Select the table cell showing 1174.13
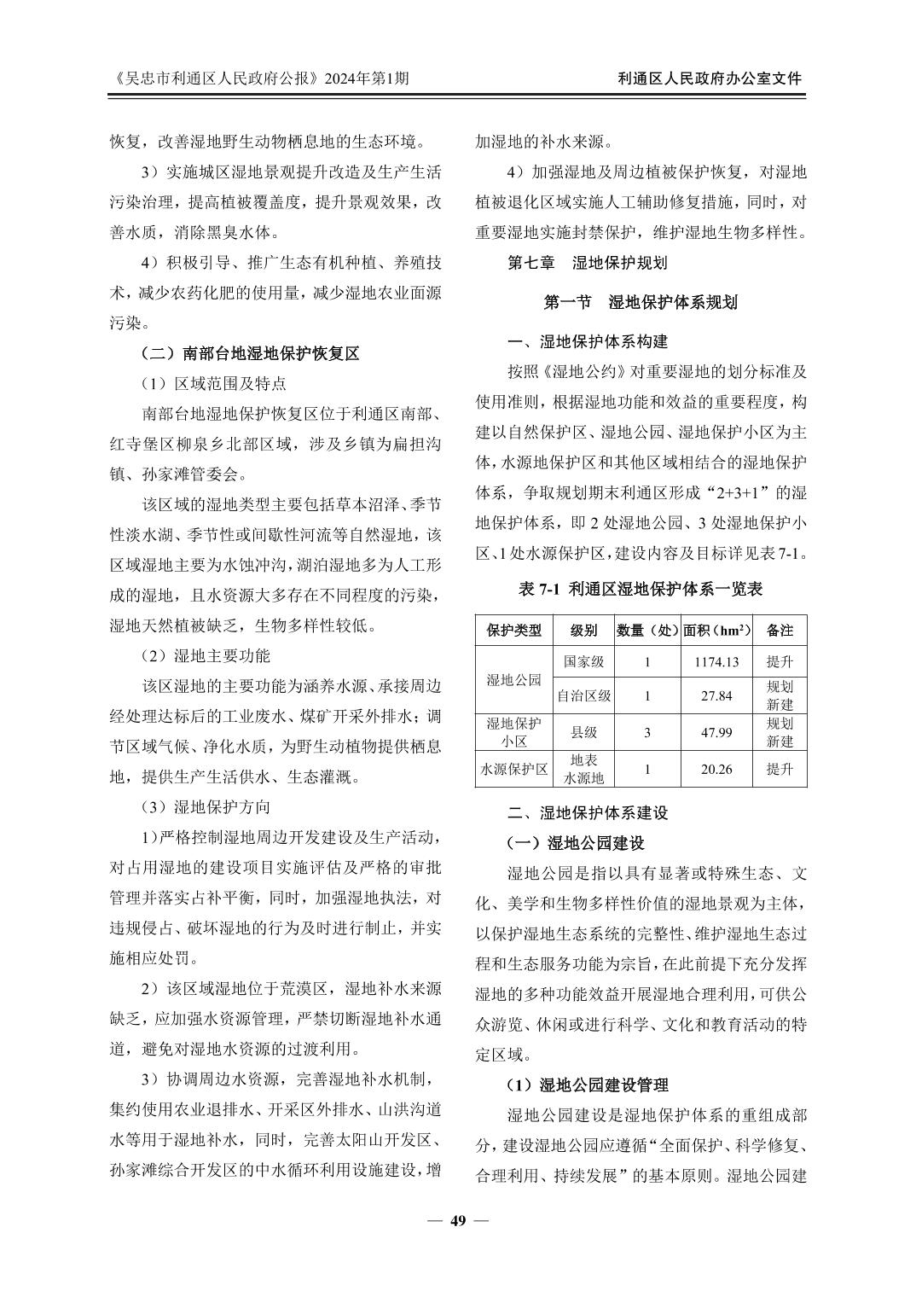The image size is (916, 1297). [716, 661]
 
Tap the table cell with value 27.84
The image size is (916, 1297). [716, 695]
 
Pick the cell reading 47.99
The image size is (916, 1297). [716, 732]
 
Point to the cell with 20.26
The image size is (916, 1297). [716, 769]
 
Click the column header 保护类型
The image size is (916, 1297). [513, 631]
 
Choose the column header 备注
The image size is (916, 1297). [780, 631]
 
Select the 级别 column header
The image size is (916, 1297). [583, 631]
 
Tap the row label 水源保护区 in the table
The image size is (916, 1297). [513, 769]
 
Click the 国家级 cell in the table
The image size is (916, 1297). [583, 661]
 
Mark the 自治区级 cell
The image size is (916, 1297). [583, 695]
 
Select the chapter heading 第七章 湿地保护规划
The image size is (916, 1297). [587, 263]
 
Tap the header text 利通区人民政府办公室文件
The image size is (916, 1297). [710, 79]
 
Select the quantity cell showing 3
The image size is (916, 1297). [647, 732]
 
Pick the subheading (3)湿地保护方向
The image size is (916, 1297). [206, 806]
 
